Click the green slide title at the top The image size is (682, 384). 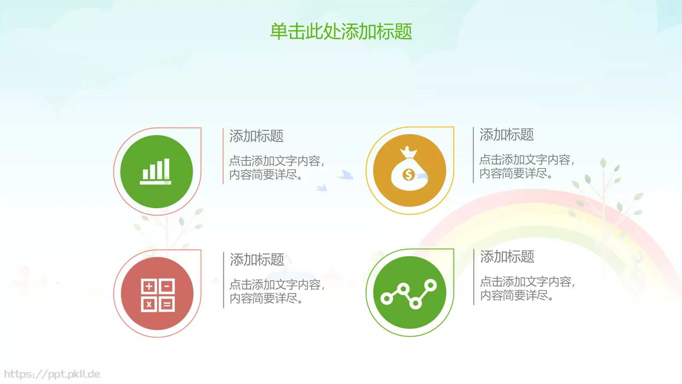(341, 32)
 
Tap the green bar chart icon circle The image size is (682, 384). (156, 172)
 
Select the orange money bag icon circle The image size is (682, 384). (409, 171)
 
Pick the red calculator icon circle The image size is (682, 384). (157, 294)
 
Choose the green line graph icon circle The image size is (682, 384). (409, 293)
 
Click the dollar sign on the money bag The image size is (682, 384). (408, 175)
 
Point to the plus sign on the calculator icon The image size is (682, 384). (149, 286)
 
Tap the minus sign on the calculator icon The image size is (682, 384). (167, 286)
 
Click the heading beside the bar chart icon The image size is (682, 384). (256, 136)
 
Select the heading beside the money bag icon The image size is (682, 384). (506, 135)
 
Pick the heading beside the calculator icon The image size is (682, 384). (257, 259)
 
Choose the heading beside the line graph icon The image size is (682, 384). (507, 257)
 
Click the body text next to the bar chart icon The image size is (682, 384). (276, 168)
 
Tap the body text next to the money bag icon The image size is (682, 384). (526, 166)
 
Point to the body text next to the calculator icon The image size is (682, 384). (277, 291)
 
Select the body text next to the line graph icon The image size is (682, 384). (527, 288)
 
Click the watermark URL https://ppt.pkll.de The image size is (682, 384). (52, 374)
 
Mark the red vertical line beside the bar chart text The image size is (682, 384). (223, 156)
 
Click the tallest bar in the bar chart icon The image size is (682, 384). (166, 169)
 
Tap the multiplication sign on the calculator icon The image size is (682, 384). (149, 304)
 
